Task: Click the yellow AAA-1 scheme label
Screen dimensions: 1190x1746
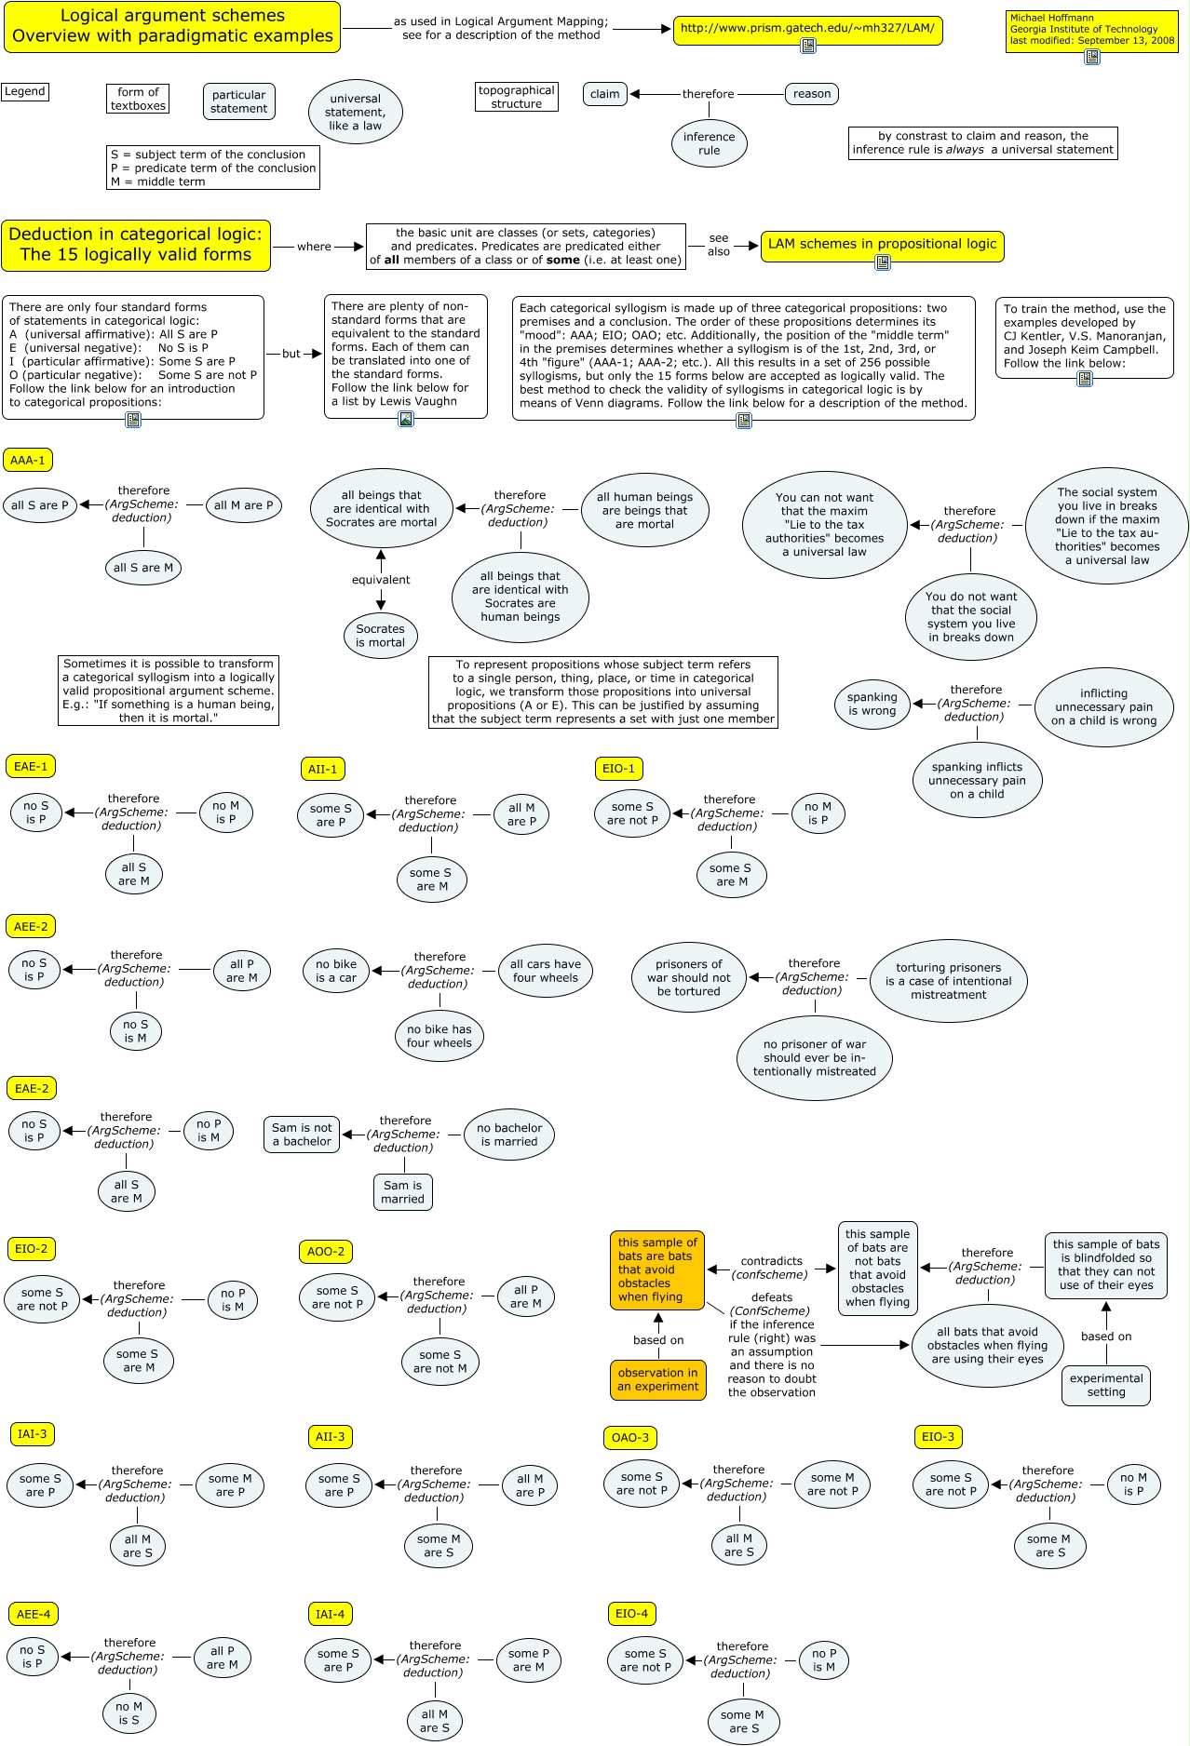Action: click(28, 460)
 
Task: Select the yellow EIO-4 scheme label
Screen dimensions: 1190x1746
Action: click(631, 1613)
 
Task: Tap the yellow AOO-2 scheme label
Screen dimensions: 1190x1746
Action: click(326, 1251)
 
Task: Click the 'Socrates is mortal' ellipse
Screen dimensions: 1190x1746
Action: click(380, 636)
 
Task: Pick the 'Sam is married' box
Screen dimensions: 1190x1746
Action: click(402, 1192)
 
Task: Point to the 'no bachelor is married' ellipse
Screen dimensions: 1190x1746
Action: click(509, 1135)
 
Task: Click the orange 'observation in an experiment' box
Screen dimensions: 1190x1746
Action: click(657, 1379)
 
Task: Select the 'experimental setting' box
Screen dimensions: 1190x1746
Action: click(1106, 1385)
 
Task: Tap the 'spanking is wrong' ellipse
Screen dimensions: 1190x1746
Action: click(872, 704)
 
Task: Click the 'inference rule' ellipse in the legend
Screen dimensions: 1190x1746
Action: click(710, 143)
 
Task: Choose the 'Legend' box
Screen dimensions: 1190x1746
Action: click(25, 91)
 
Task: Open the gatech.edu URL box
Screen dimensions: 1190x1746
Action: click(807, 29)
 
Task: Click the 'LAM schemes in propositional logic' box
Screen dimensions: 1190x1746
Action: click(882, 245)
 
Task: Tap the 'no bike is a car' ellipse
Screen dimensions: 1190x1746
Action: click(336, 971)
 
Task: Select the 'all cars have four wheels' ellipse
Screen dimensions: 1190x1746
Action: click(546, 971)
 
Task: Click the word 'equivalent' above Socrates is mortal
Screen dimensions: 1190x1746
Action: click(381, 580)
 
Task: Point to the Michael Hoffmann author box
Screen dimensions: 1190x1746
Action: click(1091, 29)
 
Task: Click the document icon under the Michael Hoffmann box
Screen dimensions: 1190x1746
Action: click(1092, 57)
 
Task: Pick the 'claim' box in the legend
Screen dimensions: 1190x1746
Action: click(604, 93)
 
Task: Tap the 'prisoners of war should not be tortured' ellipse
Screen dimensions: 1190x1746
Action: click(689, 977)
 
